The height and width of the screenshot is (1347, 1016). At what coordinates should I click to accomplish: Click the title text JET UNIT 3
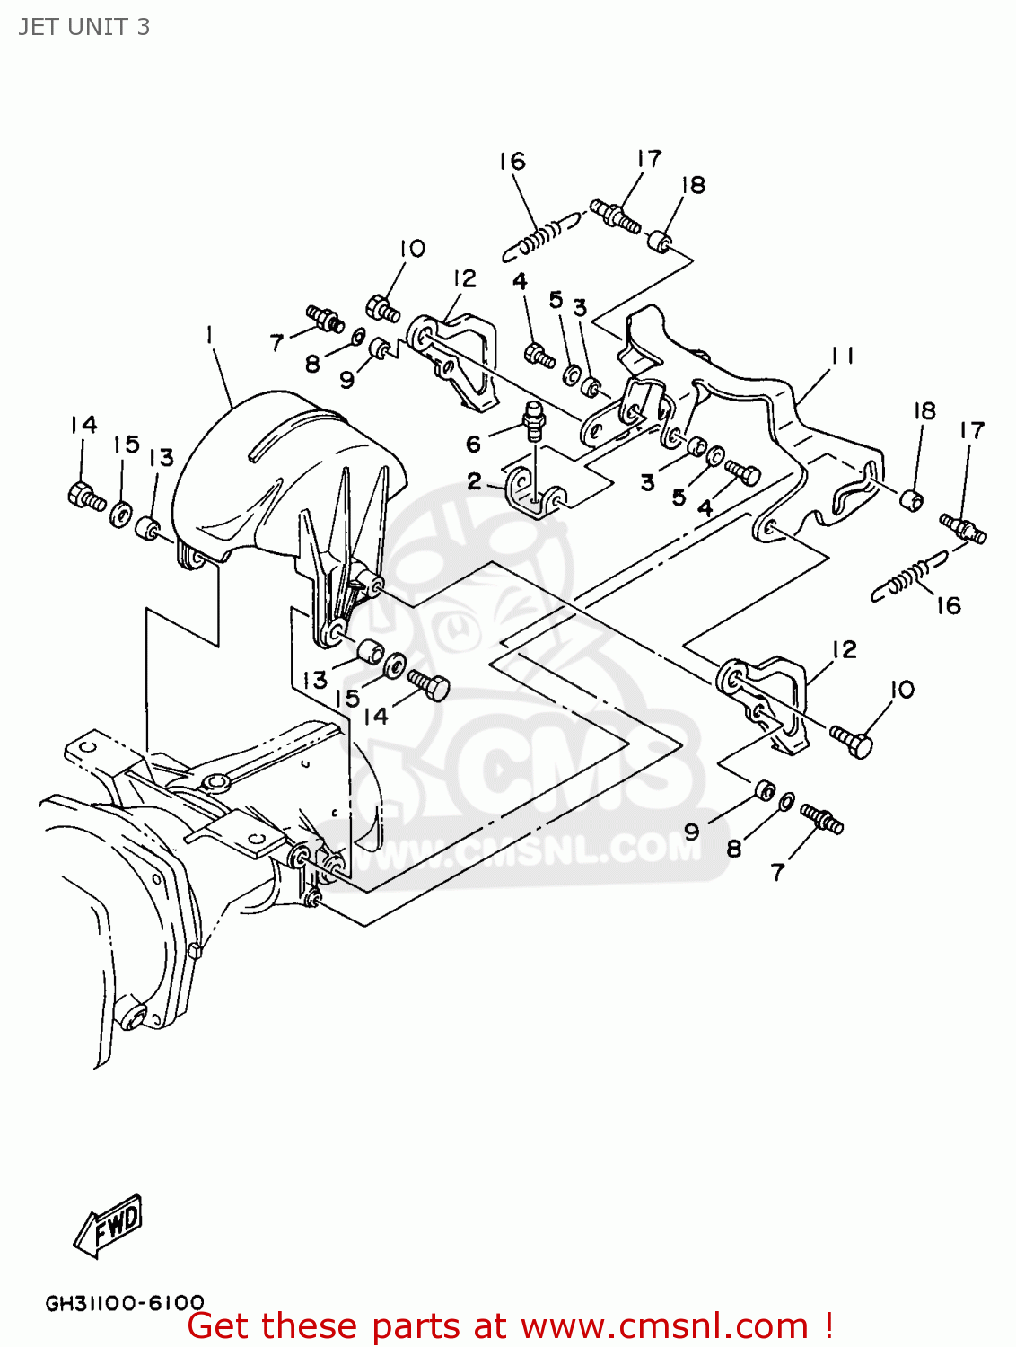tap(83, 27)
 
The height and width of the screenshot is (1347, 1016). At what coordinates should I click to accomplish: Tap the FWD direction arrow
tap(109, 1225)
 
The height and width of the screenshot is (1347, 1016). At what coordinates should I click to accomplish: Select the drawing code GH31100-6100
tap(125, 1301)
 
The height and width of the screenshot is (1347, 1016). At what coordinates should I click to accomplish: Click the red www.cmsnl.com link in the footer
tap(664, 1326)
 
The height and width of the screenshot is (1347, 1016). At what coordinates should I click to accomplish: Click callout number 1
tap(209, 335)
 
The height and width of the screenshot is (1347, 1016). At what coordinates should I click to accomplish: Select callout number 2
tap(475, 482)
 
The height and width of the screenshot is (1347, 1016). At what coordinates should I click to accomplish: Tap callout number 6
tap(473, 443)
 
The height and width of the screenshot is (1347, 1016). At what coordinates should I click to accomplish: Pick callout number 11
tap(841, 357)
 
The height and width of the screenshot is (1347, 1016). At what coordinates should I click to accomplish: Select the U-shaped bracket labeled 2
tap(536, 495)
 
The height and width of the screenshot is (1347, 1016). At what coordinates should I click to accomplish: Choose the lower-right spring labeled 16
tap(909, 579)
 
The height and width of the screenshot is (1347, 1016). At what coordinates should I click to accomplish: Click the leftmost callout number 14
tap(83, 425)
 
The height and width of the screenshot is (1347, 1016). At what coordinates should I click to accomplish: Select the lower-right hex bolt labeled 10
tap(851, 742)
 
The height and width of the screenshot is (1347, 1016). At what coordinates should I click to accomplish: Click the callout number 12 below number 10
tap(464, 279)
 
